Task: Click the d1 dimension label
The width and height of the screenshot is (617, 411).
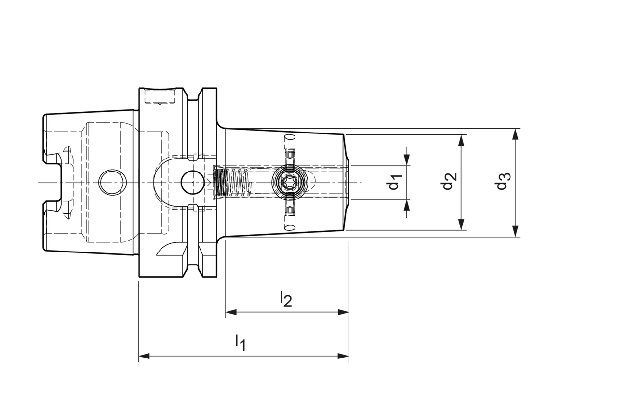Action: (x=395, y=183)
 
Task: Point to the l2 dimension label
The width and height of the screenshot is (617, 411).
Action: (x=286, y=299)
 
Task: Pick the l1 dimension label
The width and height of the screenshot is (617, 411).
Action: (x=241, y=343)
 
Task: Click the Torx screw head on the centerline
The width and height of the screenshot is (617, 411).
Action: (x=290, y=183)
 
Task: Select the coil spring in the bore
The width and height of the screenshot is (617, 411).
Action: (x=239, y=183)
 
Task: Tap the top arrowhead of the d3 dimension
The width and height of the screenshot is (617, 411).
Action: (x=515, y=134)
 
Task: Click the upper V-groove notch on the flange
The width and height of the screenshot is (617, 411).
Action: (x=193, y=97)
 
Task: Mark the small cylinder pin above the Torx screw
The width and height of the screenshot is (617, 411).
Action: (x=290, y=144)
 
